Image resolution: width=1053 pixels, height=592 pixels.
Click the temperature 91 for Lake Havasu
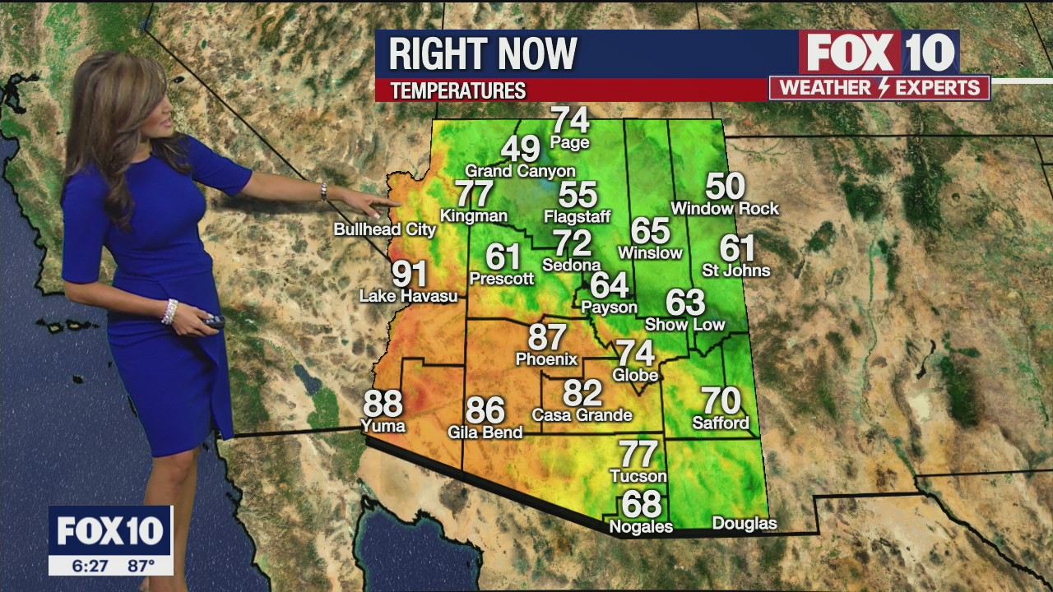pyautogui.click(x=409, y=274)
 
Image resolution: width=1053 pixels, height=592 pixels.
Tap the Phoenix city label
pyautogui.click(x=546, y=359)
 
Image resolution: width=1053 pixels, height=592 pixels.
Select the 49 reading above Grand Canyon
pyautogui.click(x=520, y=149)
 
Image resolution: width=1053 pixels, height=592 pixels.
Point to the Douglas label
pyautogui.click(x=744, y=524)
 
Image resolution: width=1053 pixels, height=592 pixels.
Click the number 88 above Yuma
pyautogui.click(x=383, y=404)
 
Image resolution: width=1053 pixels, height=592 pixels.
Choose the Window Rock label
pyautogui.click(x=724, y=209)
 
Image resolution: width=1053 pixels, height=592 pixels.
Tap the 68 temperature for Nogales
pyautogui.click(x=642, y=502)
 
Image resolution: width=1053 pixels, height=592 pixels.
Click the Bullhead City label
pyautogui.click(x=384, y=229)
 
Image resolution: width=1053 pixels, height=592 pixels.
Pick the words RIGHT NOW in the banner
pyautogui.click(x=483, y=54)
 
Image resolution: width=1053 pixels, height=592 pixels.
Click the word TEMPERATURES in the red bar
pyautogui.click(x=458, y=90)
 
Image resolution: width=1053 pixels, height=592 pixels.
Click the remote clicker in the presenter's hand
pyautogui.click(x=214, y=321)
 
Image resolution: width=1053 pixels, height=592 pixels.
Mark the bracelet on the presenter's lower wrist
pyautogui.click(x=169, y=312)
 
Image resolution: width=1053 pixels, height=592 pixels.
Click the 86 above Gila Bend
pyautogui.click(x=485, y=409)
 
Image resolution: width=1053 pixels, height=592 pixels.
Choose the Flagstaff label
pyautogui.click(x=578, y=217)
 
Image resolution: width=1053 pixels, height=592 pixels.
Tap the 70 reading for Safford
pyautogui.click(x=721, y=401)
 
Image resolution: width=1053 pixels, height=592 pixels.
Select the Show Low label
pyautogui.click(x=684, y=325)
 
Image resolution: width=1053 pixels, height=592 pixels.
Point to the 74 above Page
pyautogui.click(x=570, y=120)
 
